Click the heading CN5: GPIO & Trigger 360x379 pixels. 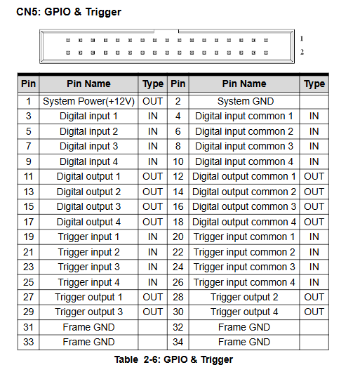(x=69, y=12)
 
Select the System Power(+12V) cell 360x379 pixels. (x=88, y=101)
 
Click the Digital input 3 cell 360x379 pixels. (x=88, y=146)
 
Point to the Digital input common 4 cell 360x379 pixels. (x=244, y=161)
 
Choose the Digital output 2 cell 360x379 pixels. (x=88, y=192)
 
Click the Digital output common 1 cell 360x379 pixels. (x=244, y=176)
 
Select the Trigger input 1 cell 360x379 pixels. (x=88, y=237)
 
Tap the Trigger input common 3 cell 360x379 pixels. (x=244, y=267)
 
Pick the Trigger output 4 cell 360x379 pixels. (x=244, y=312)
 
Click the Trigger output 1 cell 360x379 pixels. (x=88, y=297)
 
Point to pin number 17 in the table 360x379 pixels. (x=28, y=222)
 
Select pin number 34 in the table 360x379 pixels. (x=178, y=342)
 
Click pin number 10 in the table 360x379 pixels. (x=178, y=161)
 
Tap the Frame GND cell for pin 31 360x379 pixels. (x=88, y=327)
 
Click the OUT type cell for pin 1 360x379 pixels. (x=153, y=101)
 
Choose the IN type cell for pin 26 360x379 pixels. (x=314, y=282)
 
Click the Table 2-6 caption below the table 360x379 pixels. (x=173, y=359)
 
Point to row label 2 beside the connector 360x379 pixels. (x=302, y=52)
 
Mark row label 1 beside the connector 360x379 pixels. (x=302, y=39)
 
